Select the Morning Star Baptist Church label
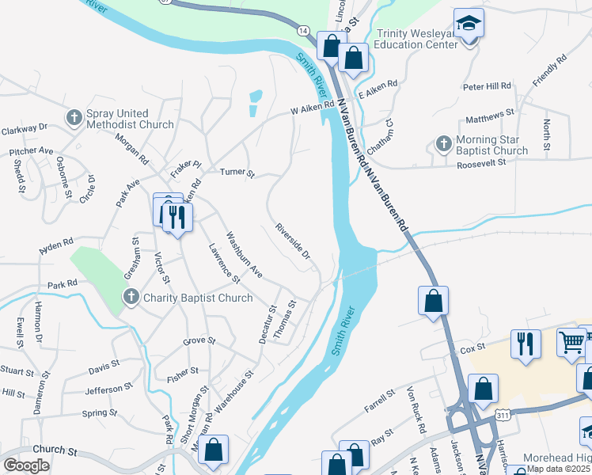(492, 145)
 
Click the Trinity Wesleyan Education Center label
(416, 39)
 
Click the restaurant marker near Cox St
(526, 344)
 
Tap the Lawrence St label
(224, 263)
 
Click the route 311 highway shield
(503, 414)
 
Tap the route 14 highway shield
(303, 30)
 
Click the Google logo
(26, 465)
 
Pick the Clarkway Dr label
(25, 127)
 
